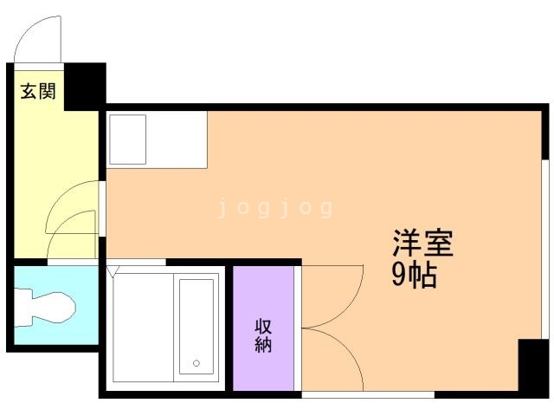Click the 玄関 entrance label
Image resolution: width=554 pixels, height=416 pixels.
38,91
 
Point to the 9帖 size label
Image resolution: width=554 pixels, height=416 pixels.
414,275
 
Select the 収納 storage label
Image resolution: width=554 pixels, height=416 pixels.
263,335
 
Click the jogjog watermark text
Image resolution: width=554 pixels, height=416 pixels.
275,208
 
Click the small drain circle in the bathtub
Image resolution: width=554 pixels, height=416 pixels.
196,363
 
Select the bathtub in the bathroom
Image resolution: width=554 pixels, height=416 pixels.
196,325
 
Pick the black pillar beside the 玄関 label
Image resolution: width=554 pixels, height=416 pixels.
84,85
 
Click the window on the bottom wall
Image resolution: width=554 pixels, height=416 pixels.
367,395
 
